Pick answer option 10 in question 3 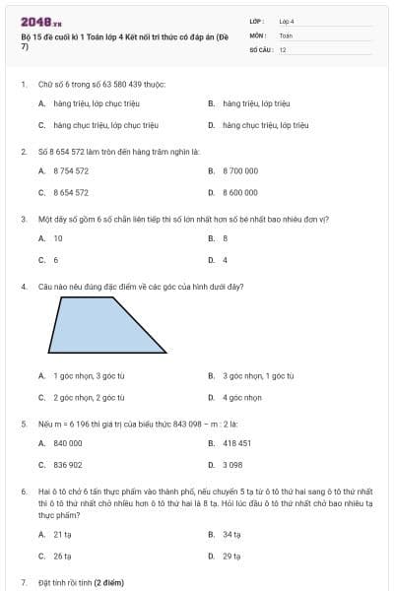point(58,237)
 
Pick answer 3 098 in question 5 point(233,465)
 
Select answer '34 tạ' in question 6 point(232,534)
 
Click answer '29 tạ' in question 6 point(232,557)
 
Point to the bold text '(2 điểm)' point(108,582)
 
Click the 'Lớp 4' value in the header point(287,21)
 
